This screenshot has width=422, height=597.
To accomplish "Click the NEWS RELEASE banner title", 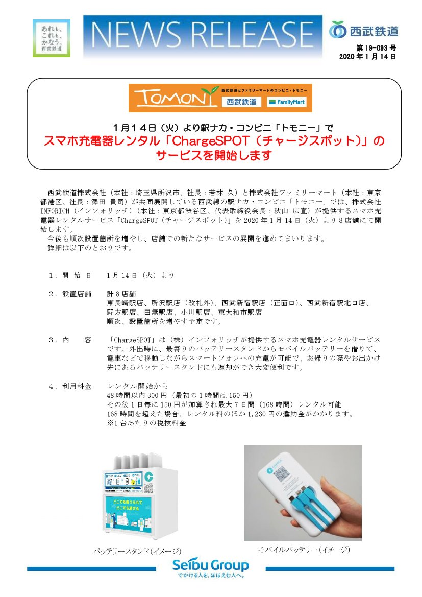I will coord(203,36).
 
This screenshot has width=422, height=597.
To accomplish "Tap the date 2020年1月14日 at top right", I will coord(367,57).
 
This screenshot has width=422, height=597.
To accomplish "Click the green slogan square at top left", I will coord(51,38).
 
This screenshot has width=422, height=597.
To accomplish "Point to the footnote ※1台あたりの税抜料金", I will coord(146,423).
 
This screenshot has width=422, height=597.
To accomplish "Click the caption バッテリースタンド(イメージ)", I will coord(137,551).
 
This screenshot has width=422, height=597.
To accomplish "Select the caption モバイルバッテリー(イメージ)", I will coord(304,550).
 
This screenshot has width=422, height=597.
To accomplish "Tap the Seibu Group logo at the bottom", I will coord(210,567).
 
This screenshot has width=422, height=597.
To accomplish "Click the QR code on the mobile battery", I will coord(282,475).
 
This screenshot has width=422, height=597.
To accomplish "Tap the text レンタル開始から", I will coord(137,386).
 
